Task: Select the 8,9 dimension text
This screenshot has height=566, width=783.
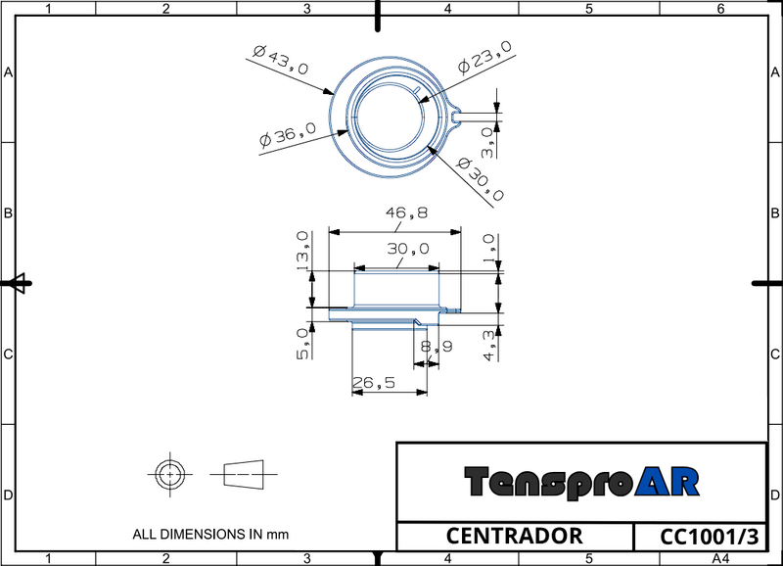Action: pyautogui.click(x=436, y=347)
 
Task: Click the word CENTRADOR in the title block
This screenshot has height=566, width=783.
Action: pyautogui.click(x=514, y=537)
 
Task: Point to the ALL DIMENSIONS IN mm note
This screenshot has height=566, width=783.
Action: pyautogui.click(x=210, y=535)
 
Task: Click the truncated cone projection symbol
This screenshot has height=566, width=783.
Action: pyautogui.click(x=244, y=474)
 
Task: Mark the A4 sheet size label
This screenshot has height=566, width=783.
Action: pyautogui.click(x=720, y=558)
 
